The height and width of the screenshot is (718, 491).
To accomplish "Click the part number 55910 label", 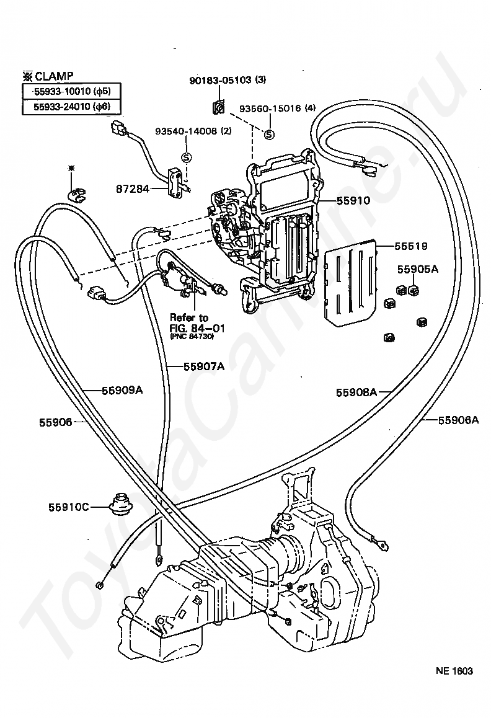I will pos(353,200).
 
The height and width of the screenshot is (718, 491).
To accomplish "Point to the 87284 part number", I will pos(131,187).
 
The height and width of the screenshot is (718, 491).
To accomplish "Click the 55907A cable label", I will pos(203,366).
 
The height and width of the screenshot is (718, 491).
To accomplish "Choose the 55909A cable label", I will pos(122,390).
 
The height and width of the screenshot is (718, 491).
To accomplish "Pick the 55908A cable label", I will pos(356,392).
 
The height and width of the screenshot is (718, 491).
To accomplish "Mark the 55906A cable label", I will pos(458,420).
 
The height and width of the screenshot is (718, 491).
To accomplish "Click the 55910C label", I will pos(68,507).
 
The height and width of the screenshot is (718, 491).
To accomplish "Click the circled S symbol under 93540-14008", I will pos(186,157).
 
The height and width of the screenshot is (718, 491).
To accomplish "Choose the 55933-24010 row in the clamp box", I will pos(71,107).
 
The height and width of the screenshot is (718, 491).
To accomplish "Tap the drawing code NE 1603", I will pos(454,671).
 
